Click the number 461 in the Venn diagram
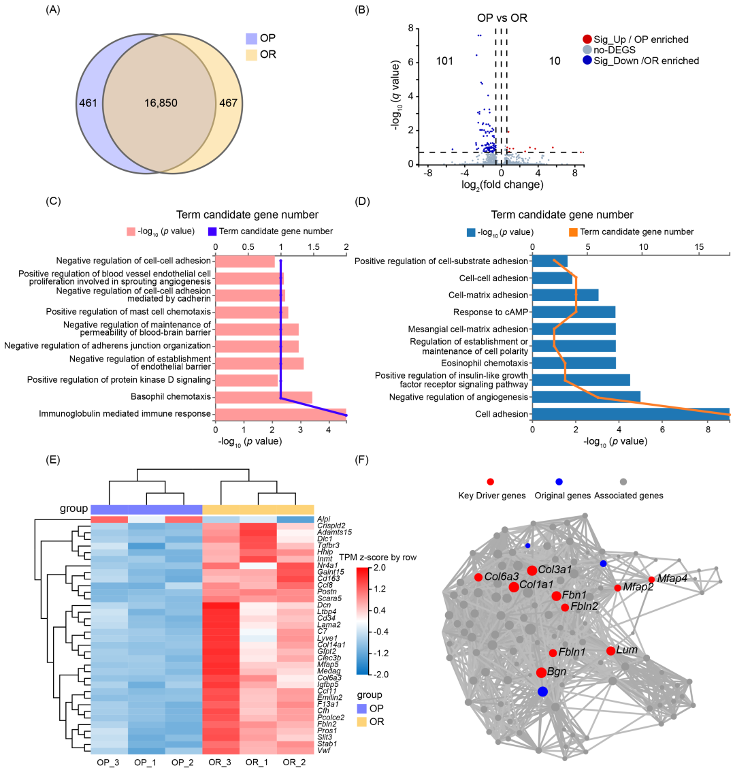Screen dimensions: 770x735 point(88,103)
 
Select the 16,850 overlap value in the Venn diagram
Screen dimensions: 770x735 point(161,103)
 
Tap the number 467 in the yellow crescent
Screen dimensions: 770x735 point(228,103)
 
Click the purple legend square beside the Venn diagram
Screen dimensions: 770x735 point(252,39)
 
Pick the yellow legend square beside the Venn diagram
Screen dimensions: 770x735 point(252,55)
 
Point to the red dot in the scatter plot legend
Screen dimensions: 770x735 point(587,39)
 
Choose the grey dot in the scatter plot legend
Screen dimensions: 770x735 point(587,50)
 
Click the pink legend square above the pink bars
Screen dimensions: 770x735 point(131,231)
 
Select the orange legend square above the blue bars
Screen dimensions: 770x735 point(573,233)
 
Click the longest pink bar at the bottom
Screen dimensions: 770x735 point(280,414)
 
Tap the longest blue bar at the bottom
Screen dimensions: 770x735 point(630,414)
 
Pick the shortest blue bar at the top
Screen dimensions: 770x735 point(550,261)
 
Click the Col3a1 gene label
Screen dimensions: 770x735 point(555,569)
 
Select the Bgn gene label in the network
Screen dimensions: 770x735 point(557,671)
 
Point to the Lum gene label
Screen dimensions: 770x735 point(627,650)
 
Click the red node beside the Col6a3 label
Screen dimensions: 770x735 point(478,577)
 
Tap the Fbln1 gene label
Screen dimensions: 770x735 point(572,652)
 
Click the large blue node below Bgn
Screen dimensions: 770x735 point(542,692)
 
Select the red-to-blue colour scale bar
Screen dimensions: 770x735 point(362,620)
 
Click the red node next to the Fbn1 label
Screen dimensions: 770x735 point(556,596)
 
